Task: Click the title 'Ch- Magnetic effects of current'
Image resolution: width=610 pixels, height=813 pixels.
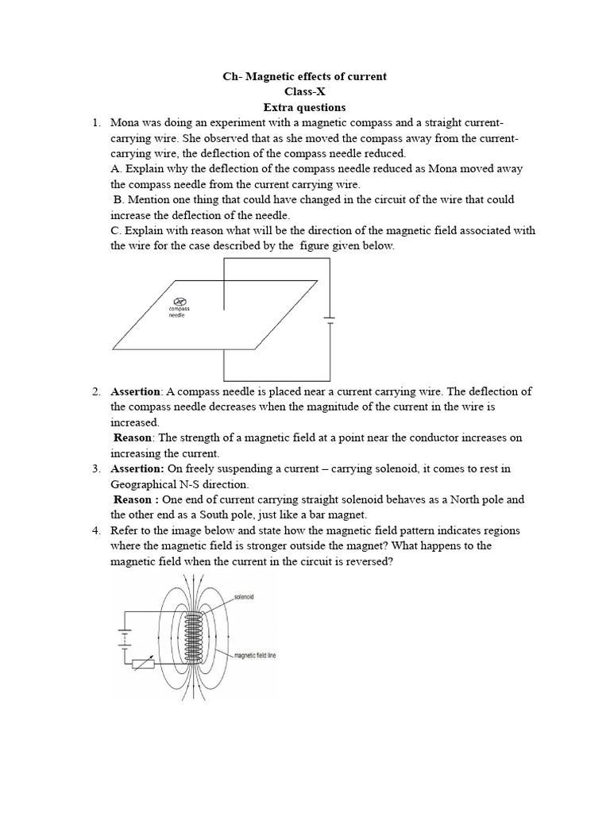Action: pyautogui.click(x=305, y=76)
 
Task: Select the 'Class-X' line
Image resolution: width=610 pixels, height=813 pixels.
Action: pyautogui.click(x=305, y=92)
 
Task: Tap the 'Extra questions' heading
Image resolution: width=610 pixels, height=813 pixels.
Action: pyautogui.click(x=305, y=107)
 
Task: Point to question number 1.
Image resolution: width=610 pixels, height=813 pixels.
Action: pyautogui.click(x=96, y=123)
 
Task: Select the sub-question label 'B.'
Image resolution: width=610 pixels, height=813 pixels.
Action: pyautogui.click(x=119, y=200)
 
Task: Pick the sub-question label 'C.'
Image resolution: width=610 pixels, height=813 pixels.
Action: pyautogui.click(x=116, y=231)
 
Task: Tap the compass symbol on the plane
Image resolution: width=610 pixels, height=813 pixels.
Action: pyautogui.click(x=180, y=301)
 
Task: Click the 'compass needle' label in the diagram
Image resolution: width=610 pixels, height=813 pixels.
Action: pyautogui.click(x=179, y=312)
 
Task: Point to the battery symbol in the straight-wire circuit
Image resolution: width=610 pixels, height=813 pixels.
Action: pyautogui.click(x=329, y=320)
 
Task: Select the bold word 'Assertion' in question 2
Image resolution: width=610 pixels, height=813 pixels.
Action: pyautogui.click(x=136, y=391)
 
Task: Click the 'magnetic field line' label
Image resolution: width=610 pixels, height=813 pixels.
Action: pyautogui.click(x=254, y=656)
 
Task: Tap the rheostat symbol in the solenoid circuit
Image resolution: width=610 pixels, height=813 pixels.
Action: pyautogui.click(x=144, y=663)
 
